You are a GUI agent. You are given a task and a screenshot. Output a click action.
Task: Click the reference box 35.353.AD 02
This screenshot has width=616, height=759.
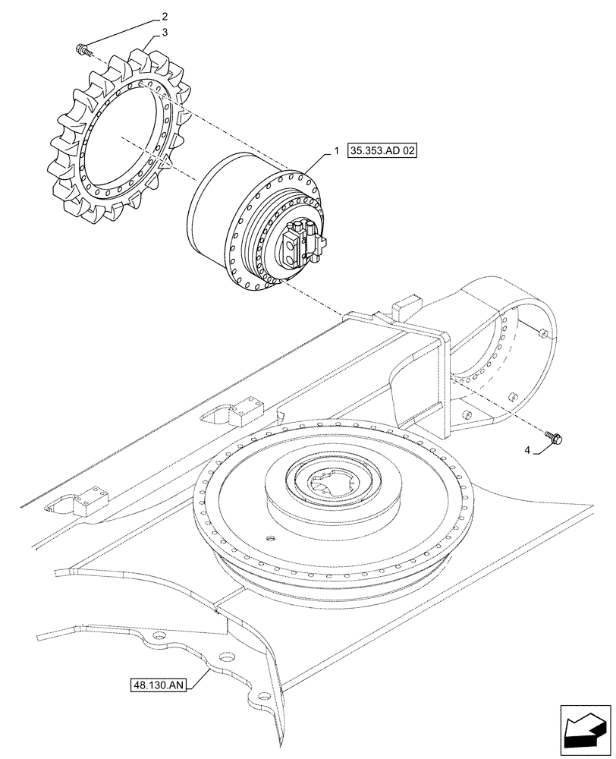[x=383, y=151]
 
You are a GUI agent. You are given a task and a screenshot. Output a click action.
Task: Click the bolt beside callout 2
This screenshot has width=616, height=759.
[x=81, y=50]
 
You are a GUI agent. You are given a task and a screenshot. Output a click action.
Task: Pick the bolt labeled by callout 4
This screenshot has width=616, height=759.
[x=552, y=436]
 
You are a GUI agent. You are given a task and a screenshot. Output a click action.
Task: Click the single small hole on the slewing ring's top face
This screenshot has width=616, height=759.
[x=267, y=538]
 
